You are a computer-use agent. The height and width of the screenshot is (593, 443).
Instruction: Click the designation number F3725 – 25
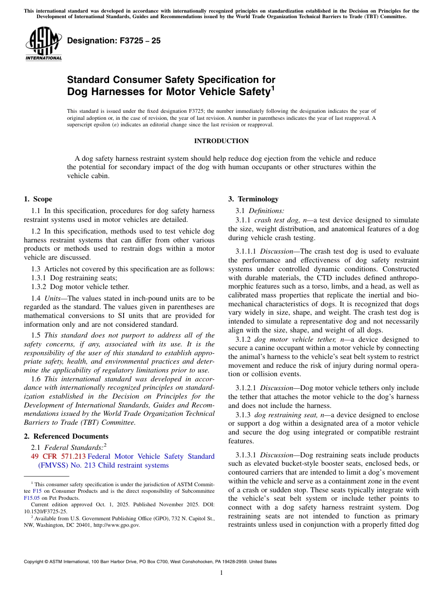pyautogui.click(x=114, y=41)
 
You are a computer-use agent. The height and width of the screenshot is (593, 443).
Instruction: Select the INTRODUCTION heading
pyautogui.click(x=221, y=141)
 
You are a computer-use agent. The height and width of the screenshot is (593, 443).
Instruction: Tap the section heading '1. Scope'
pyautogui.click(x=38, y=199)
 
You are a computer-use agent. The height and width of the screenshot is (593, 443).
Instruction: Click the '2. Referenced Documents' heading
pyautogui.click(x=66, y=436)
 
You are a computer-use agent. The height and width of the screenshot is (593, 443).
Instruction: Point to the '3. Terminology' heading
pyautogui.click(x=253, y=199)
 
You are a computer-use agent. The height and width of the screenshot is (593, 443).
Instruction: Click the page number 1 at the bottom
pyautogui.click(x=221, y=573)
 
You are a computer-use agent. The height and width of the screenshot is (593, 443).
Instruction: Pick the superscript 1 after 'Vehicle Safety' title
pyautogui.click(x=273, y=88)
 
